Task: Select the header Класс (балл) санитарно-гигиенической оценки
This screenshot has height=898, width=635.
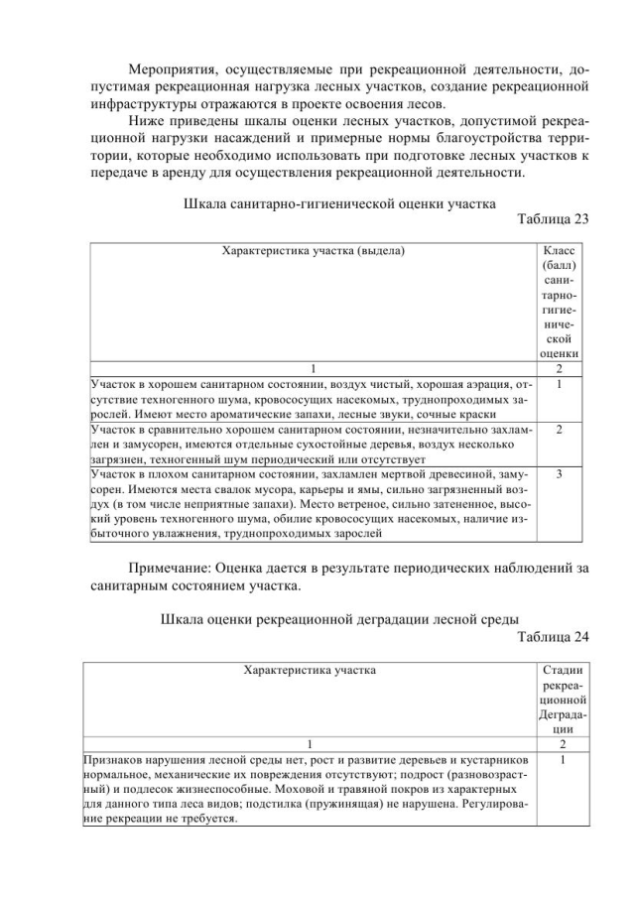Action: click(x=560, y=301)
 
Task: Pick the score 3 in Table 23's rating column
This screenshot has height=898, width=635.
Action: click(x=561, y=475)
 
